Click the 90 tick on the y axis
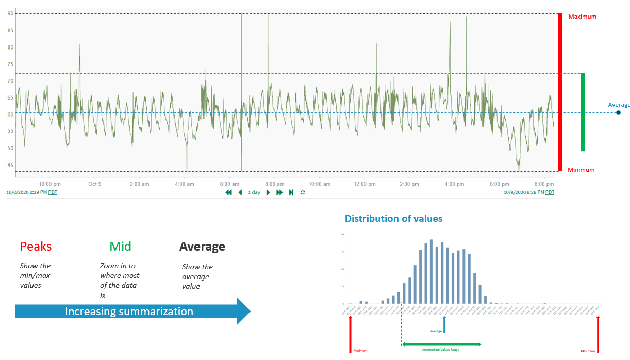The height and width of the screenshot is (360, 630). click(10, 13)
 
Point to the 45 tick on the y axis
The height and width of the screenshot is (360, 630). click(10, 165)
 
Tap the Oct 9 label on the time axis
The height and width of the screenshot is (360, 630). click(94, 184)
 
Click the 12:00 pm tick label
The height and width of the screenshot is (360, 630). click(364, 184)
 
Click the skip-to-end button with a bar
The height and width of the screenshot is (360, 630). click(291, 192)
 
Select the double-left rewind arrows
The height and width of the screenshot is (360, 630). click(229, 192)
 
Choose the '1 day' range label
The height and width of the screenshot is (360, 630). click(254, 192)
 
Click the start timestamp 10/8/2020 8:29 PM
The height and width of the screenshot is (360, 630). click(26, 192)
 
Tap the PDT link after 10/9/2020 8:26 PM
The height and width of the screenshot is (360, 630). click(550, 192)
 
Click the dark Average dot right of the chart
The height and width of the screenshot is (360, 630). click(618, 112)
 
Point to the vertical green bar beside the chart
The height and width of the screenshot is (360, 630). click(583, 112)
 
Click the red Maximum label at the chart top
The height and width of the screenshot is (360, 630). click(582, 17)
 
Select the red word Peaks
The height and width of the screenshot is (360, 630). click(36, 247)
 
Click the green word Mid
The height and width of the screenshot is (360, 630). click(120, 247)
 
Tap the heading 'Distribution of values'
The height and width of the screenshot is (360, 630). click(393, 219)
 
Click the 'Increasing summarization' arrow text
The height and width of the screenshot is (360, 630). click(129, 312)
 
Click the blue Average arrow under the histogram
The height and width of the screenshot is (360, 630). click(444, 324)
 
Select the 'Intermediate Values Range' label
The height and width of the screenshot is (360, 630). click(441, 349)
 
